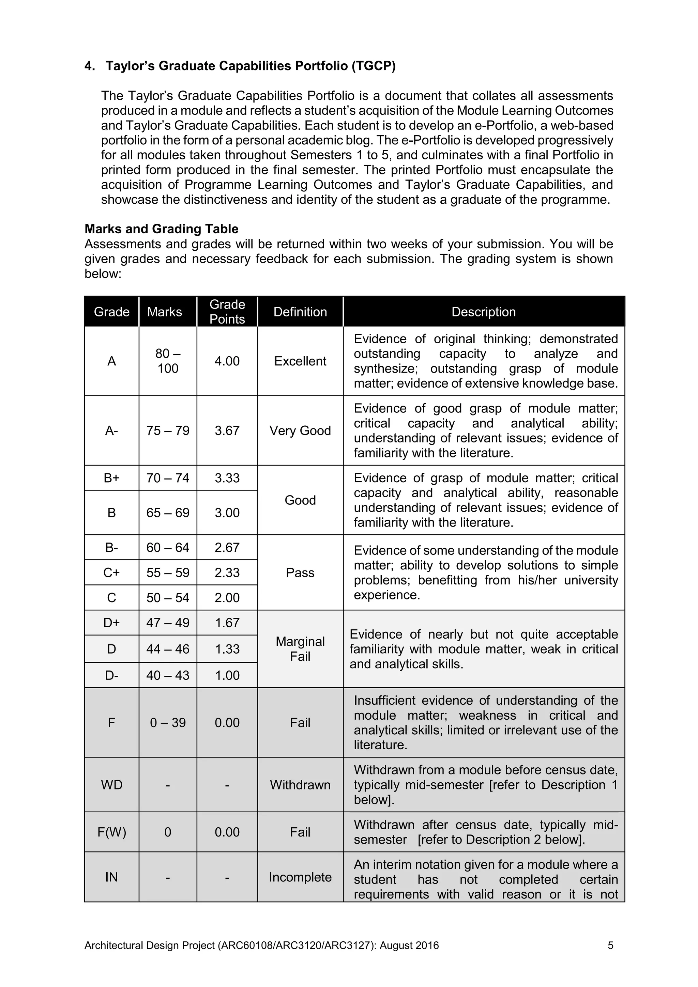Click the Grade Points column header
tap(227, 312)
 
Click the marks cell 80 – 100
tap(168, 361)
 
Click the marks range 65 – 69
tap(168, 513)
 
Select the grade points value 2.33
tap(227, 572)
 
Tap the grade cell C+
tap(111, 572)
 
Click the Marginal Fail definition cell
tap(300, 649)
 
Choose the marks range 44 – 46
tap(168, 649)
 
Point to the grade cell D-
tap(111, 675)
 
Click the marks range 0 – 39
tap(168, 723)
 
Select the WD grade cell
tap(111, 785)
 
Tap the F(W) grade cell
tap(111, 832)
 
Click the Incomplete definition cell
tap(300, 877)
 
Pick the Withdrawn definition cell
tap(300, 785)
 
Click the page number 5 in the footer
tap(610, 945)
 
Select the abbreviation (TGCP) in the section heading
tap(373, 66)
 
